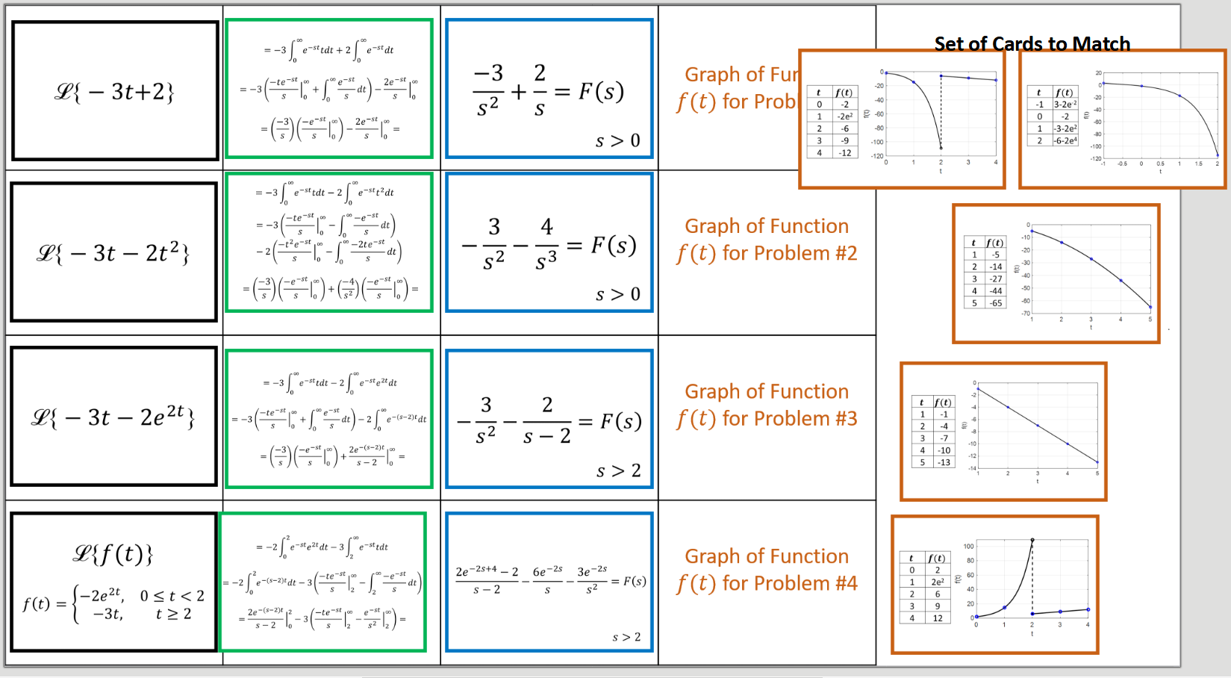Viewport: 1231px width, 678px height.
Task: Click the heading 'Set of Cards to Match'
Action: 1032,44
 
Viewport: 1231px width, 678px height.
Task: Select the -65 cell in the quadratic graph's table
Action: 996,303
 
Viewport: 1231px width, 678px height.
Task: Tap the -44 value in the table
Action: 996,291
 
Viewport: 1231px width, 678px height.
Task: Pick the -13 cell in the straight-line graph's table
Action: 944,462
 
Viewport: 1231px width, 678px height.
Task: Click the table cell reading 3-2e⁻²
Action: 1065,105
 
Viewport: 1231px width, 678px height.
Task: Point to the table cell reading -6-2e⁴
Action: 1065,141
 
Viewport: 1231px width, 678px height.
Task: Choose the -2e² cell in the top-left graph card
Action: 844,116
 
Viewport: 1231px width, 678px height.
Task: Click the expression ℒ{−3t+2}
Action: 114,92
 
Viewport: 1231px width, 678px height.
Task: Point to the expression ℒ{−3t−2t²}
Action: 113,254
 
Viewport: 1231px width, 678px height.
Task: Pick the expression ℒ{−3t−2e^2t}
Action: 113,417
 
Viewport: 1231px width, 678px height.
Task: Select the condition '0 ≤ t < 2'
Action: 172,596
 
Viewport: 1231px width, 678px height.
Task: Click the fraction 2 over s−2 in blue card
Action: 547,420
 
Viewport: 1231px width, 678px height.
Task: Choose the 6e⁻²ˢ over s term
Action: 548,580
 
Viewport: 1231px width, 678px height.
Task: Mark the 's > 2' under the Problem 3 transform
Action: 618,471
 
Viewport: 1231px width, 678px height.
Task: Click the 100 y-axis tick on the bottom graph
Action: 968,547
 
